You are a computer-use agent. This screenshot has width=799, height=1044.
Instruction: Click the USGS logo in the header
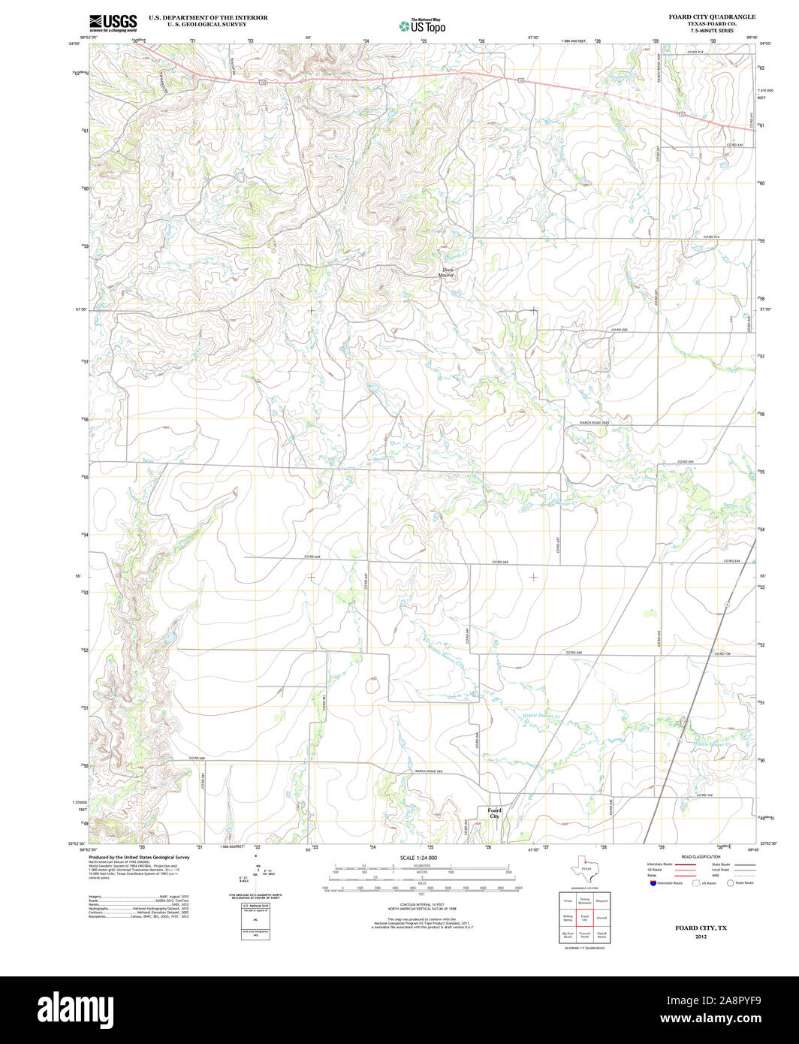click(113, 23)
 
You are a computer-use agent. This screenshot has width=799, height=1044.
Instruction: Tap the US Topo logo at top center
click(422, 26)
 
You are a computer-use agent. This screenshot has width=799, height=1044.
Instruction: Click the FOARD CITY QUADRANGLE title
click(712, 16)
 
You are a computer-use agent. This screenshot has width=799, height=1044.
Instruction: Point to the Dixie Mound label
click(448, 272)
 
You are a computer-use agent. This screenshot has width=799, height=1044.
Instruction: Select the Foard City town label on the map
click(494, 813)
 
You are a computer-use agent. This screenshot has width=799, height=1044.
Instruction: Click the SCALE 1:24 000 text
click(418, 857)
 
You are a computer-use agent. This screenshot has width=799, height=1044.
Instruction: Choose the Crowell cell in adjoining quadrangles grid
click(602, 918)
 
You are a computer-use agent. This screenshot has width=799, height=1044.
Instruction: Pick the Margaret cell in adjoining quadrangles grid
click(602, 899)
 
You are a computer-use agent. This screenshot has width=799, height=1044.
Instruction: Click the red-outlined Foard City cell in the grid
click(584, 918)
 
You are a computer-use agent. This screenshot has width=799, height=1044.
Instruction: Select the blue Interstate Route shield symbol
click(653, 883)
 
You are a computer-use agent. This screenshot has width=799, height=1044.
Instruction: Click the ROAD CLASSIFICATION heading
click(700, 857)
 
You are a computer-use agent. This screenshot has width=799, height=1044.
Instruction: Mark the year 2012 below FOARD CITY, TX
click(701, 937)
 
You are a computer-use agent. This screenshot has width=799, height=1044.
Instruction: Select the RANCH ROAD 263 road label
click(429, 771)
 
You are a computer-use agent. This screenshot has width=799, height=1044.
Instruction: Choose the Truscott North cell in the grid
click(584, 936)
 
